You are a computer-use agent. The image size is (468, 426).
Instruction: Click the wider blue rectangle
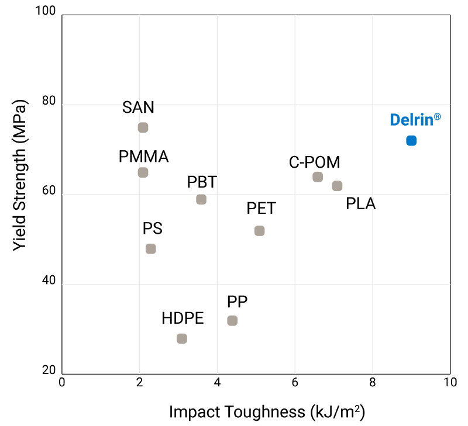click(x=419, y=119)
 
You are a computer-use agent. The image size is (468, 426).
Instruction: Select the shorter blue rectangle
click(x=428, y=143)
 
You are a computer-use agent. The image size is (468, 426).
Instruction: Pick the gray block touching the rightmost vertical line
click(x=342, y=183)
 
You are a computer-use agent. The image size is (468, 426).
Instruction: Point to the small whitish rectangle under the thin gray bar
click(x=143, y=141)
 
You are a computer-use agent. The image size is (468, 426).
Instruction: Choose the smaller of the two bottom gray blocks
click(x=197, y=353)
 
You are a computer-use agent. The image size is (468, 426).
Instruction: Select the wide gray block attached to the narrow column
click(x=171, y=264)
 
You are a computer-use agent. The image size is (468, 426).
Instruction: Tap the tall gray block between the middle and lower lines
click(x=274, y=255)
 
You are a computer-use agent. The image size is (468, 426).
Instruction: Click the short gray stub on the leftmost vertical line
click(x=143, y=182)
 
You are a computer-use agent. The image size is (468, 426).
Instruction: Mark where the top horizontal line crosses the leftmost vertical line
click(x=139, y=105)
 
